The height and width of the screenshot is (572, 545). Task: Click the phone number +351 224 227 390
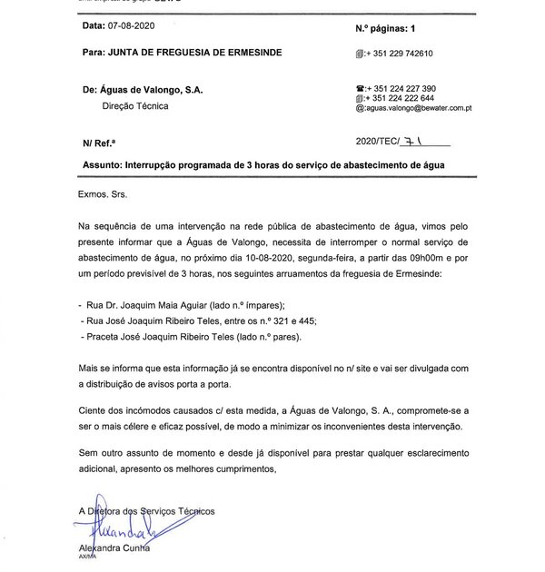click(401, 88)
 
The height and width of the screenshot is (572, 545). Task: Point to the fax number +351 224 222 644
click(400, 98)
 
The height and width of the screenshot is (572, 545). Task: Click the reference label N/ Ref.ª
click(100, 143)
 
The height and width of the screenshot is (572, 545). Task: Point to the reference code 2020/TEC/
click(381, 143)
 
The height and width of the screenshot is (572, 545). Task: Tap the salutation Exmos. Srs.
click(104, 194)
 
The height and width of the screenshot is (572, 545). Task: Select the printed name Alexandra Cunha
click(114, 550)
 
